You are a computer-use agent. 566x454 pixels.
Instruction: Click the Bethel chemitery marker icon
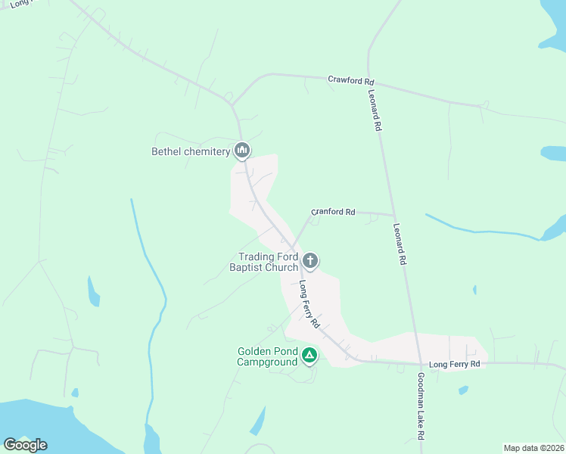pyautogui.click(x=242, y=151)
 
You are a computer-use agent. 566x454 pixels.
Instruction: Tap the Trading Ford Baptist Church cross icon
pyautogui.click(x=309, y=262)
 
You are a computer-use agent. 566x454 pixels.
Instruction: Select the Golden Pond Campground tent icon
pyautogui.click(x=309, y=355)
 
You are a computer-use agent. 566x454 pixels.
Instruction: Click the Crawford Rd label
pyautogui.click(x=350, y=79)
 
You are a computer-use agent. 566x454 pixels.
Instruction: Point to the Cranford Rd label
pyautogui.click(x=333, y=213)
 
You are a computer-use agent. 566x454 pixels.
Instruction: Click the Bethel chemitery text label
pyautogui.click(x=191, y=151)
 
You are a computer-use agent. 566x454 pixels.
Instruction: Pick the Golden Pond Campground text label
pyautogui.click(x=267, y=356)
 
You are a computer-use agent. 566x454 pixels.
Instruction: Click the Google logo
pyautogui.click(x=25, y=445)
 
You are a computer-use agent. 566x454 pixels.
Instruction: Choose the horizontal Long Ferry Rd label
pyautogui.click(x=454, y=364)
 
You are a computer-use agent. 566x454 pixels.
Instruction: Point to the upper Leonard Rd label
pyautogui.click(x=374, y=111)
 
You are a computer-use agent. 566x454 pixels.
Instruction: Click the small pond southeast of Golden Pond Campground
pyautogui.click(x=258, y=421)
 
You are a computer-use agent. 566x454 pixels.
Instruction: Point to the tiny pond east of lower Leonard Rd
pyautogui.click(x=474, y=289)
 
